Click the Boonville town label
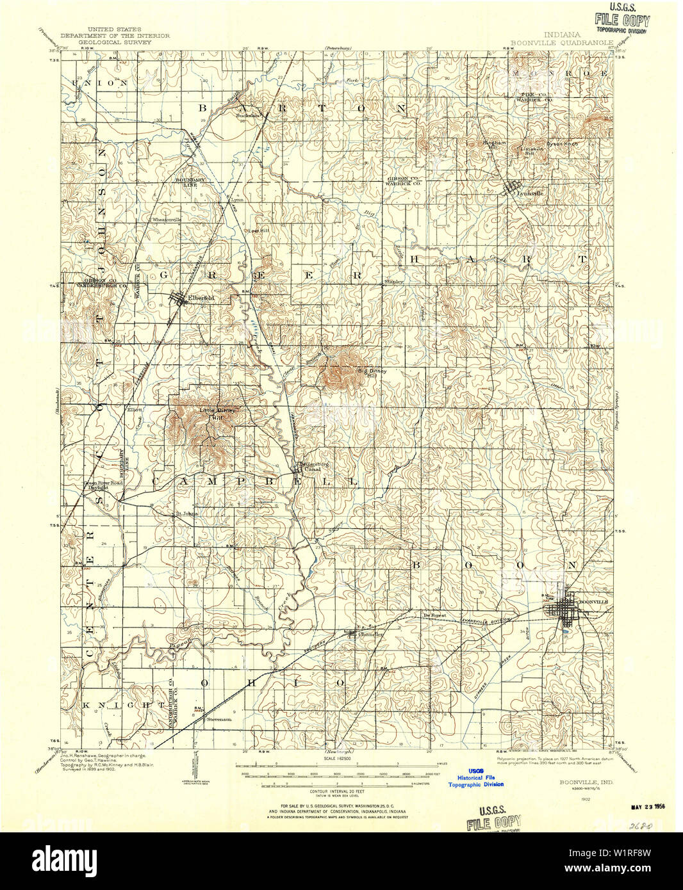pos(593,602)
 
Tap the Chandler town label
pos(372,635)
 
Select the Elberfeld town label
pos(201,298)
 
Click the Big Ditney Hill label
pos(372,373)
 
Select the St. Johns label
pos(187,513)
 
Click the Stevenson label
pos(219,719)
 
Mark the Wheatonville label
pos(167,220)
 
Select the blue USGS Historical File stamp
pos(475,777)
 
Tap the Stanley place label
pos(393,282)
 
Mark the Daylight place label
pos(98,487)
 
